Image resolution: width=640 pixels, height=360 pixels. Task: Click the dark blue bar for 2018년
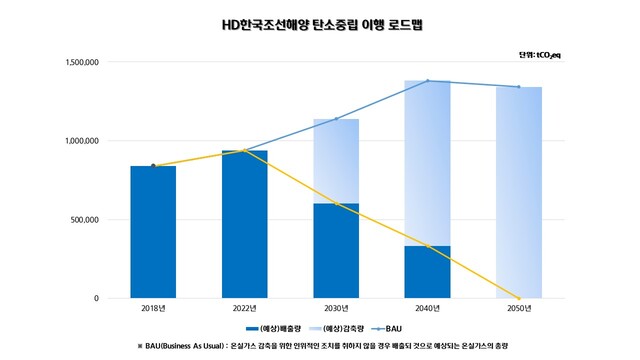(153, 232)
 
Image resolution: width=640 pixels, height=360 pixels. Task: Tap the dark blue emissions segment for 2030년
(336, 251)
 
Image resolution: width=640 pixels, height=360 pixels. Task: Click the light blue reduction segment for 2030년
(336, 161)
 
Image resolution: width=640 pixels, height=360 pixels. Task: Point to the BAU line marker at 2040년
(427, 81)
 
